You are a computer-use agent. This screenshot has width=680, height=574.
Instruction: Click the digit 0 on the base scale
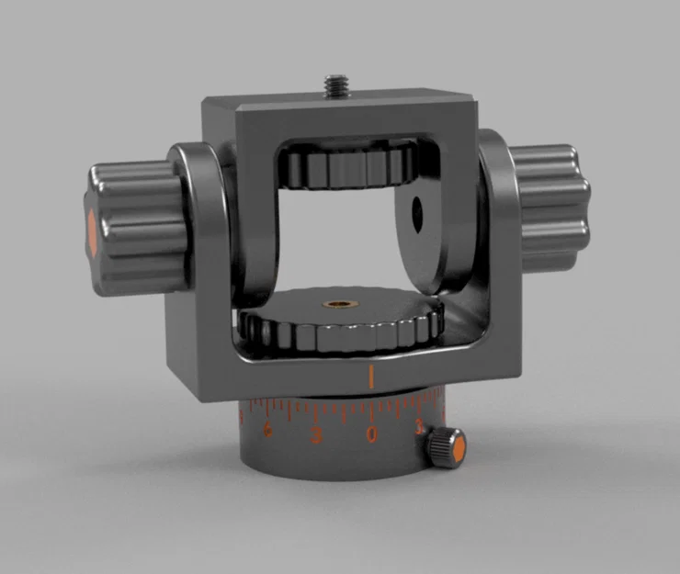coord(371,434)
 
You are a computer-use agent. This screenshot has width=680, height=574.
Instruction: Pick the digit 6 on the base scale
coord(268,431)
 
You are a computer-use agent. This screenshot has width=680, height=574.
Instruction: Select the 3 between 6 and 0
coord(317,434)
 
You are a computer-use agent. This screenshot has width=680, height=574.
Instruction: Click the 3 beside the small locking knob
coord(419,427)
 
